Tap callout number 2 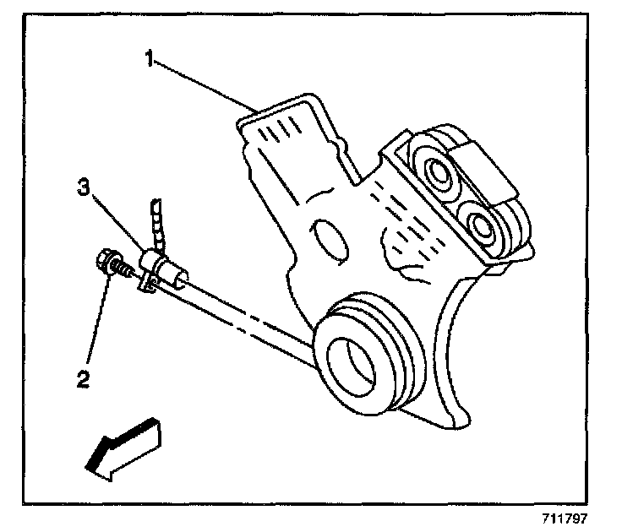pos(82,379)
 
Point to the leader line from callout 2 pos(95,321)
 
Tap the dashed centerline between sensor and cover pos(245,317)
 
